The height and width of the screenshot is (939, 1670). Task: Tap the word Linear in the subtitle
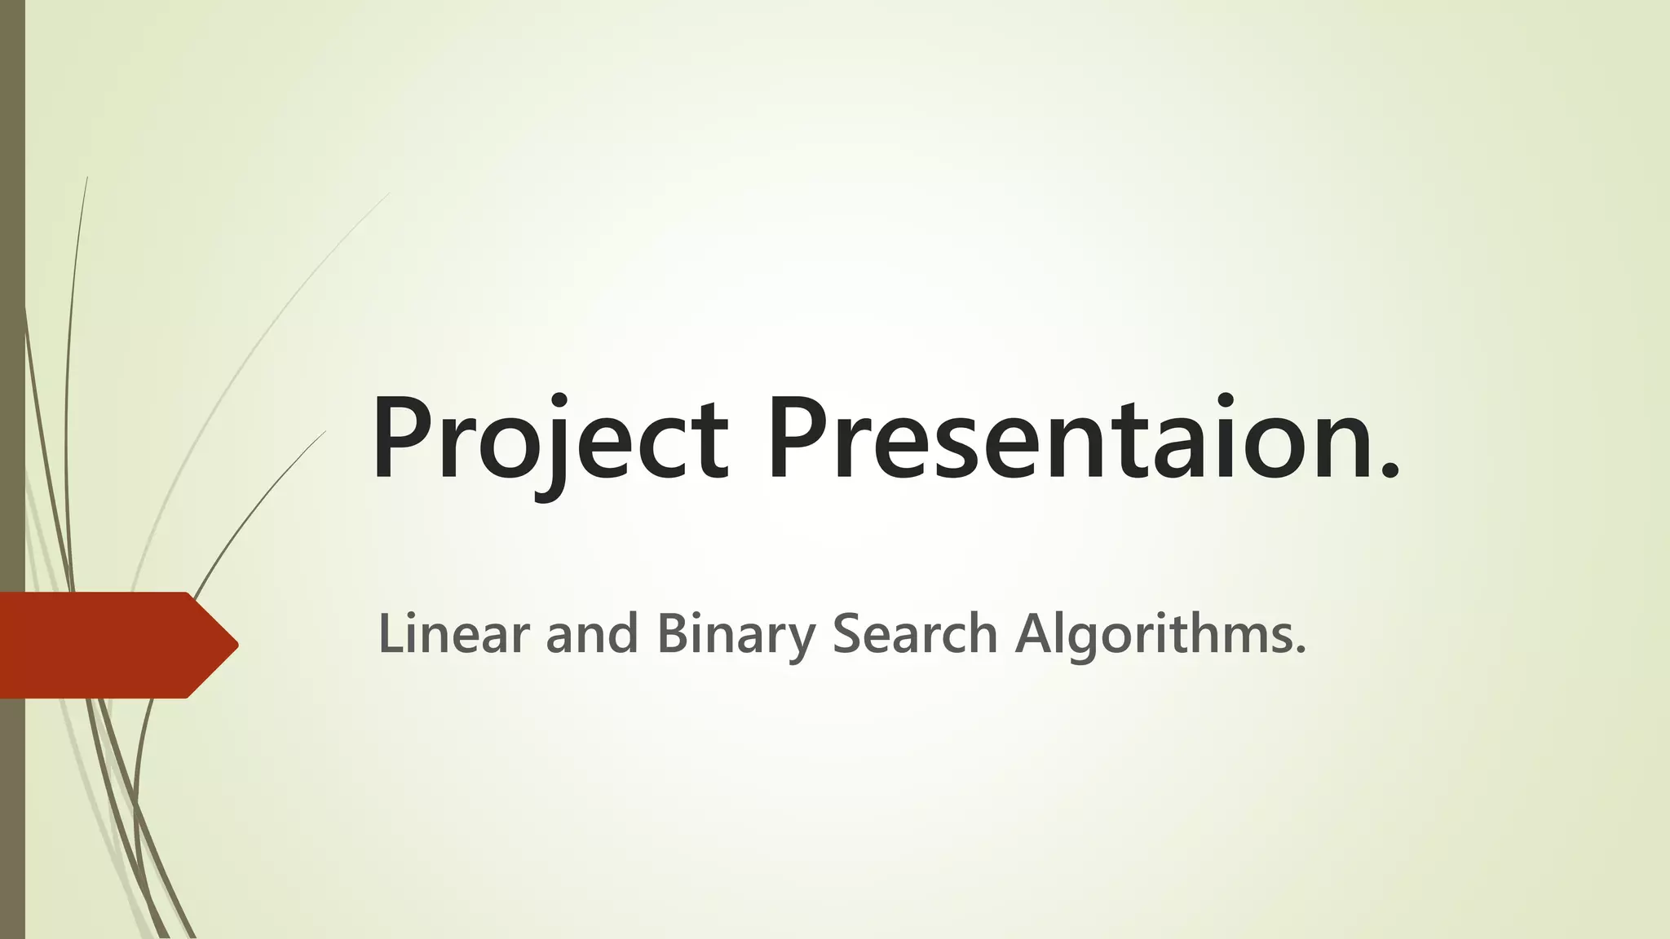[453, 633]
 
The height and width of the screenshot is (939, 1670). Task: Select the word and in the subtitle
[591, 633]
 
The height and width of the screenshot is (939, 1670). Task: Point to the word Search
[914, 633]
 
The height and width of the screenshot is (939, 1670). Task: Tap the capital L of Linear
[389, 633]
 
